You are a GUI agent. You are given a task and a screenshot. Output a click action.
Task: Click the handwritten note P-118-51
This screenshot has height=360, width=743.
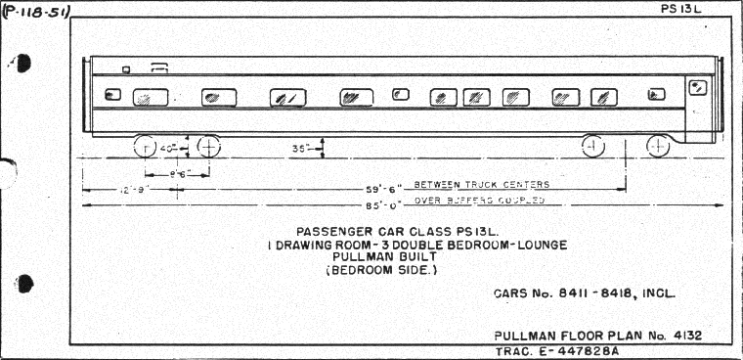click(36, 13)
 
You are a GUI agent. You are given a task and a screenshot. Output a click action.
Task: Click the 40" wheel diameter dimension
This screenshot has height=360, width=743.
click(169, 149)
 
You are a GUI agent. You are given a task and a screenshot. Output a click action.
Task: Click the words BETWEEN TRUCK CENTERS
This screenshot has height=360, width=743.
click(481, 185)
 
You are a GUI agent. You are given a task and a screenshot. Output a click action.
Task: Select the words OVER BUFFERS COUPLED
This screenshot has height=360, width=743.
click(479, 201)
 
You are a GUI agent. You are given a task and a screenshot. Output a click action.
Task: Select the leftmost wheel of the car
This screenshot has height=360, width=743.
click(145, 148)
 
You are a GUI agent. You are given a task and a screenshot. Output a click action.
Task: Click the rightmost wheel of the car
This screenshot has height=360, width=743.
click(657, 147)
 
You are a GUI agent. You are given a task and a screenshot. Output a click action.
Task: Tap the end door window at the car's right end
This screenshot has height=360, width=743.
click(698, 88)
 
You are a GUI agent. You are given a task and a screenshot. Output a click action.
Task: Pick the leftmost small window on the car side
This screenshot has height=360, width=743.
click(112, 95)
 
